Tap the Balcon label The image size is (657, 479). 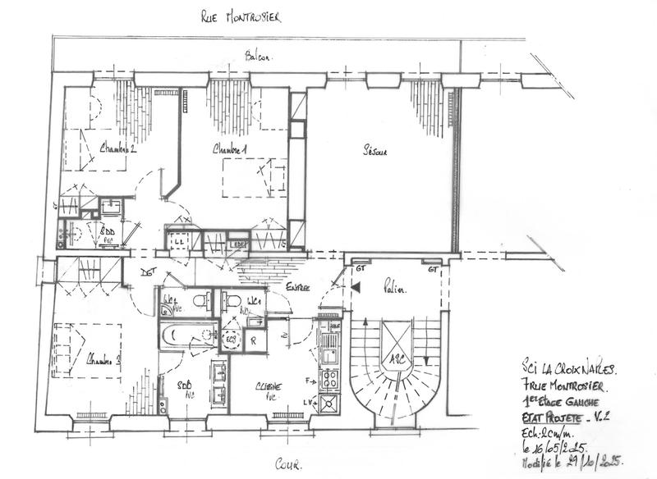pyautogui.click(x=258, y=57)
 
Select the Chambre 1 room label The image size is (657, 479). pyautogui.click(x=231, y=150)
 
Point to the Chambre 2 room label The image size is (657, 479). pyautogui.click(x=118, y=149)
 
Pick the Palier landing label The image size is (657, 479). pyautogui.click(x=396, y=288)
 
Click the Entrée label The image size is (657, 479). pyautogui.click(x=297, y=288)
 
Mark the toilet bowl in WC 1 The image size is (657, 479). pyautogui.click(x=232, y=299)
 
